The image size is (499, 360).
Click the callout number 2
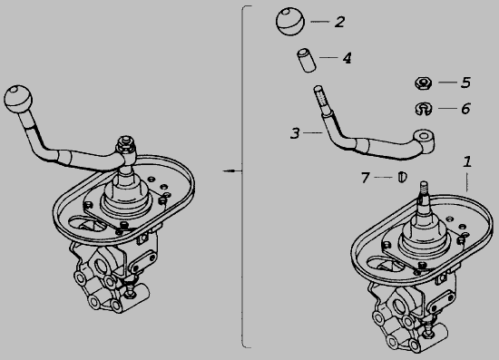[339, 22]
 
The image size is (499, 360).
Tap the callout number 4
[347, 58]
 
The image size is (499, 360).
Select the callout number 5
[465, 83]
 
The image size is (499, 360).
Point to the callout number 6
[465, 109]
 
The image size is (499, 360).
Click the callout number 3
[295, 133]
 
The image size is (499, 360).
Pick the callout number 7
[366, 178]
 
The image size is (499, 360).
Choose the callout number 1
[467, 161]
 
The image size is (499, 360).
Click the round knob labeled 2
[290, 21]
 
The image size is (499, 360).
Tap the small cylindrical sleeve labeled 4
[307, 61]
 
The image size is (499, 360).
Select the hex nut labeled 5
[424, 83]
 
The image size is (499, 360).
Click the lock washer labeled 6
[424, 109]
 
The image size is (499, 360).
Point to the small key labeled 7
[402, 177]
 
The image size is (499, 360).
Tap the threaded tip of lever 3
[319, 97]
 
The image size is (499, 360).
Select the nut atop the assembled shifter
[125, 143]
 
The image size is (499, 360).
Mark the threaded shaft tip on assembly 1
[424, 188]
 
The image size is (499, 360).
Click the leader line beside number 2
[320, 22]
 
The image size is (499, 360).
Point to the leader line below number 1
[467, 182]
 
